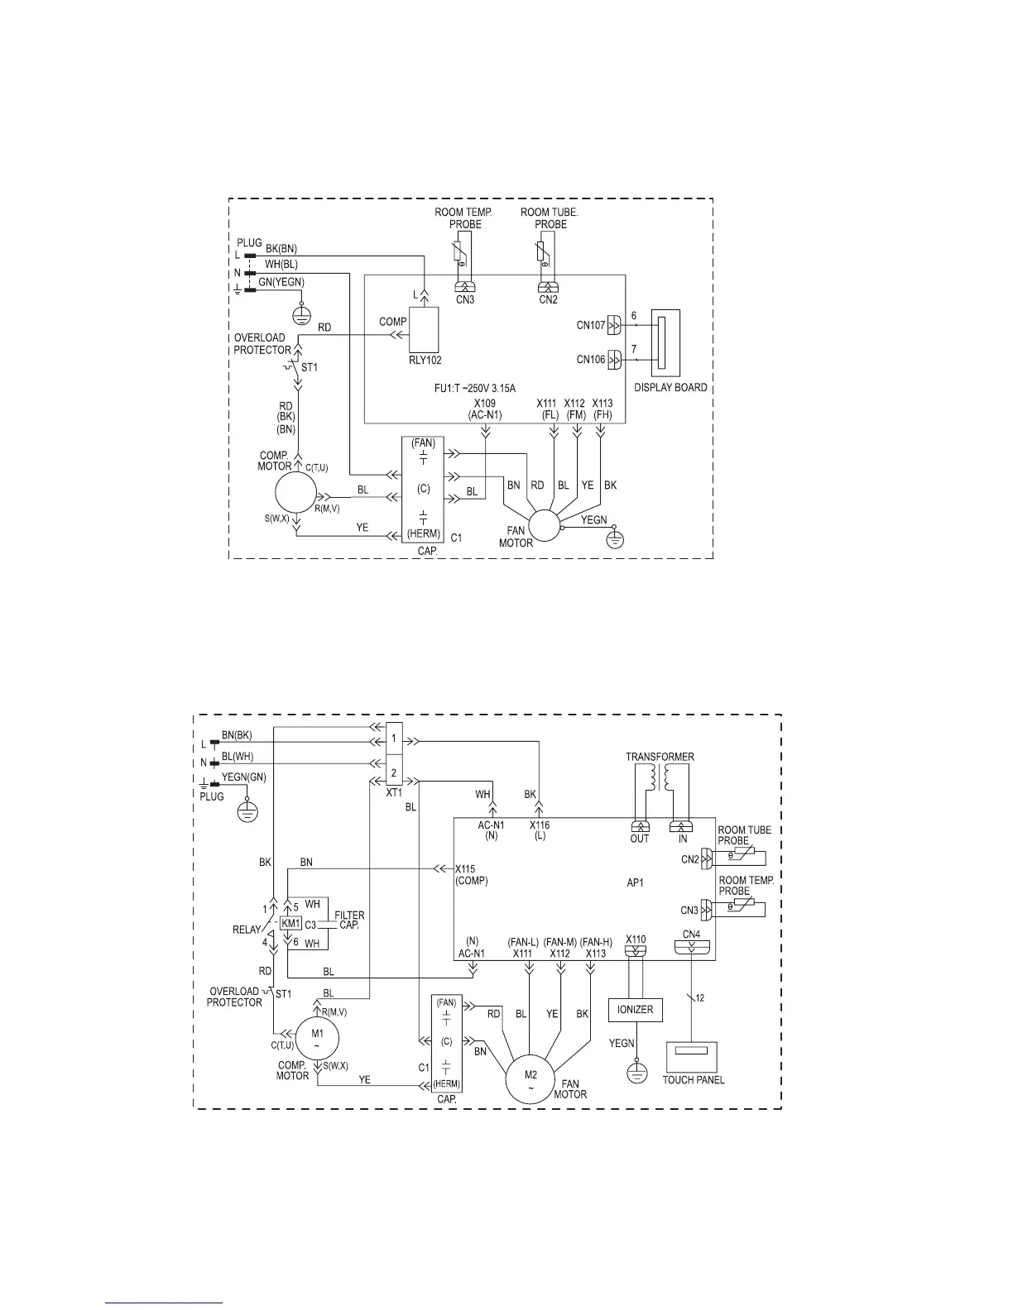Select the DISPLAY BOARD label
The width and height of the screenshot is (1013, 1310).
[670, 387]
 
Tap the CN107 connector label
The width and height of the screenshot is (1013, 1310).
[591, 325]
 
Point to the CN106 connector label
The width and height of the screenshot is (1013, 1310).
[591, 360]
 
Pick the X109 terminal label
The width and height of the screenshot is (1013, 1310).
[485, 403]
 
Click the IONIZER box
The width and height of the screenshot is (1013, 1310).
[636, 1009]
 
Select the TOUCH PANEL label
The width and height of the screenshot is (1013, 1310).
[693, 1079]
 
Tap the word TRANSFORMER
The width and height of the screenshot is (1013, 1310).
[660, 757]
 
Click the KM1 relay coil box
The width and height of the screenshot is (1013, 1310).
[290, 923]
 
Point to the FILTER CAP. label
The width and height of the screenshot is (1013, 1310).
[349, 920]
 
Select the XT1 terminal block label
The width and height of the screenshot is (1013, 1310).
[394, 791]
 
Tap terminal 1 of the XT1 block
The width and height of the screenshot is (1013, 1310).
[394, 738]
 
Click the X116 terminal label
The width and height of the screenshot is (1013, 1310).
[540, 825]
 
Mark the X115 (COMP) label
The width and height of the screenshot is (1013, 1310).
[471, 874]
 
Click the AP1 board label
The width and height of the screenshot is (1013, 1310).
[635, 882]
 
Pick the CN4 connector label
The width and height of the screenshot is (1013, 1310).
[691, 935]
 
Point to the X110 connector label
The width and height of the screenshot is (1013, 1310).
[636, 939]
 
